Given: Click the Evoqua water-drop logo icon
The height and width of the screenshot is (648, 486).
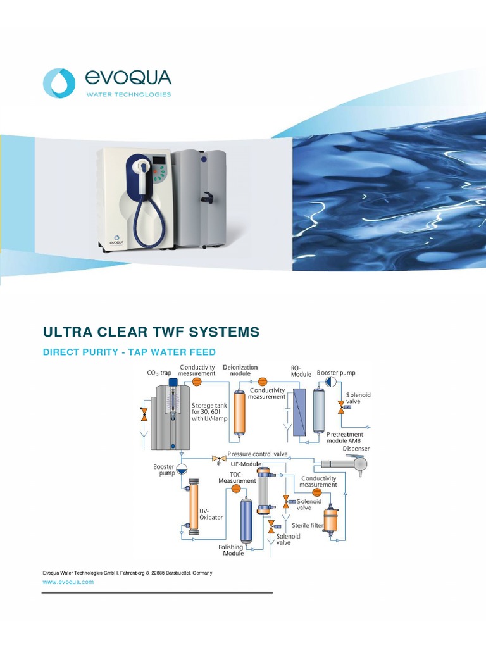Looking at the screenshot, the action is pos(59,83).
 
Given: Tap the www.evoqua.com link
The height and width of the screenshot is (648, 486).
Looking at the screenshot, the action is pos(68,582).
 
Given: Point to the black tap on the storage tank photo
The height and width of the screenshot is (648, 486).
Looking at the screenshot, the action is pos(206,198).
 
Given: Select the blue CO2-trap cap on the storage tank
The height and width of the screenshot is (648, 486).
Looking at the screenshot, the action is pos(173,389).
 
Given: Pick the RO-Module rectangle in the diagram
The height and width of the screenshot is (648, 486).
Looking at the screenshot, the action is pos(299,413).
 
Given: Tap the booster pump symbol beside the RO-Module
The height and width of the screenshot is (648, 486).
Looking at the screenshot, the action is pos(331,382).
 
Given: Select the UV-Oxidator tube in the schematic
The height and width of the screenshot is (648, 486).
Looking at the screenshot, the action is pos(194,507).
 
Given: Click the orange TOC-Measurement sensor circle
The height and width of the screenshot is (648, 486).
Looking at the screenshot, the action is pos(236,489).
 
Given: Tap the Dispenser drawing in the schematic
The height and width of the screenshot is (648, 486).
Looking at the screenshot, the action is pos(346,464).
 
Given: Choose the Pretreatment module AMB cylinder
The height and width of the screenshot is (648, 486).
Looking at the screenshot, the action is pos(319,410).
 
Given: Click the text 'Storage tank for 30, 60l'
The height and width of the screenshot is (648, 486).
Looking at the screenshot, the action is pos(209,409).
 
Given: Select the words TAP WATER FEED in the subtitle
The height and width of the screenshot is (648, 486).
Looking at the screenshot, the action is pos(172,352).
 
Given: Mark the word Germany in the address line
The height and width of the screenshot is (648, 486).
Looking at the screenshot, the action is pos(202,573).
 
